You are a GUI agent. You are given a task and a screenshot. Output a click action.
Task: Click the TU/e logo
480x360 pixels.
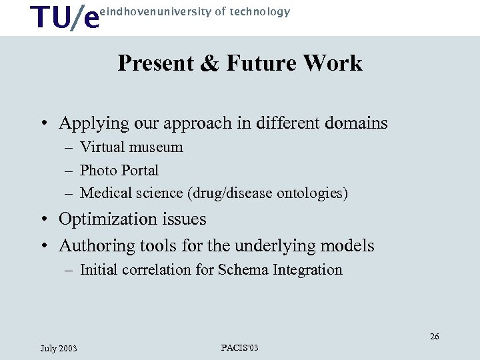coord(66,18)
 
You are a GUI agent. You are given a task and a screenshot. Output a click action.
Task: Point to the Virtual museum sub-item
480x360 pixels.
coord(131,147)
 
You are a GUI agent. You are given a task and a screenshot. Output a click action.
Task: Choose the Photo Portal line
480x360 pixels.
coord(119,171)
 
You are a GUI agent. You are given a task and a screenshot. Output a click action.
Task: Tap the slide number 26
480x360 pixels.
coord(434,337)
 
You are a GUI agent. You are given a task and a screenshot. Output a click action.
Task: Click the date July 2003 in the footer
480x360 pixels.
coord(59,349)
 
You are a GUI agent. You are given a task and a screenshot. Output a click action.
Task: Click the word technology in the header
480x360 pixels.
coord(261,11)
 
